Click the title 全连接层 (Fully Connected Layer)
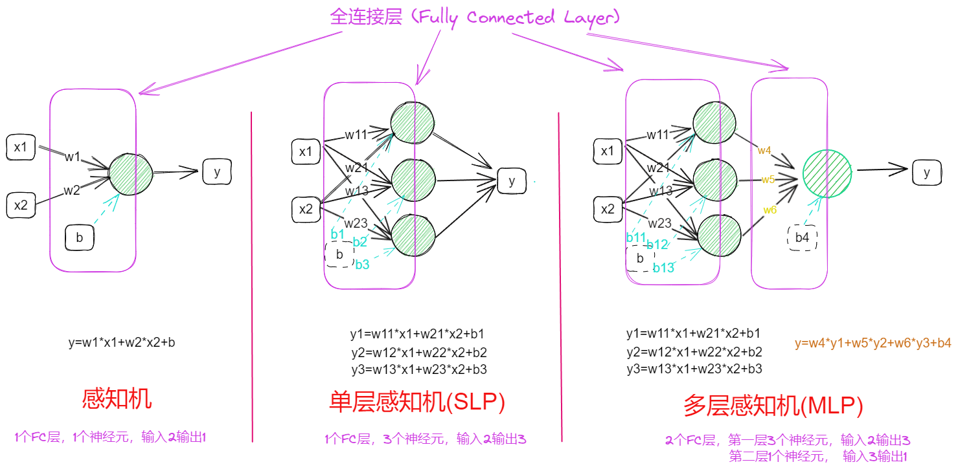point(472,17)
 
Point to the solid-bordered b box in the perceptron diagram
point(80,238)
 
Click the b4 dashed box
point(802,237)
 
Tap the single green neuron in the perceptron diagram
point(131,173)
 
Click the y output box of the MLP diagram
point(927,172)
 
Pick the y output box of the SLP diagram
point(512,181)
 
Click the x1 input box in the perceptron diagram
point(21,148)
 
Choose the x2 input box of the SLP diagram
point(306,209)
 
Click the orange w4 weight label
point(764,151)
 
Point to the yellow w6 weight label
point(770,210)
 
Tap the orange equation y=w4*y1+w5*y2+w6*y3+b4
point(872,343)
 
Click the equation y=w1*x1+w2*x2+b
point(122,342)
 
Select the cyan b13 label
point(663,267)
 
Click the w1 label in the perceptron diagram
point(72,157)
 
